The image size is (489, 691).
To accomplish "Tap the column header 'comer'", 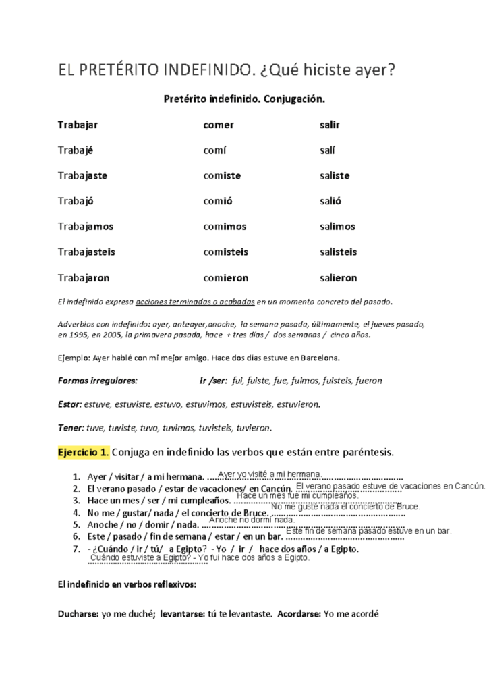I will tap(219, 125).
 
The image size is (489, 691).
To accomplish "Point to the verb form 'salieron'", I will tap(338, 277).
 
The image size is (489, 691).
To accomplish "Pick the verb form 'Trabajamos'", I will tap(85, 227).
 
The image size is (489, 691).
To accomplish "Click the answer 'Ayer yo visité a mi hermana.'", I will tap(271, 474).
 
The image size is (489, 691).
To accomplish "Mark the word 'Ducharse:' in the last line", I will tap(77, 614).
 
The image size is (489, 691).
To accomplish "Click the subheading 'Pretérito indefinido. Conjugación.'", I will tap(244, 99).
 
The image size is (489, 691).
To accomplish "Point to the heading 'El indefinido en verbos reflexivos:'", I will tap(127, 584).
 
